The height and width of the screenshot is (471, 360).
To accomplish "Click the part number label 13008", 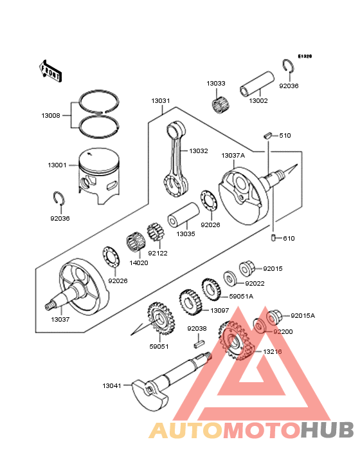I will tap(51, 116).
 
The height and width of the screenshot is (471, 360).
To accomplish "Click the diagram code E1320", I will tap(304, 57).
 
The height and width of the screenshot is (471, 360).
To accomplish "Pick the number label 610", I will tap(289, 239).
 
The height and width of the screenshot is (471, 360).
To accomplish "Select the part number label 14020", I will tap(139, 263).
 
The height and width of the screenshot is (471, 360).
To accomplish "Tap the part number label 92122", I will tap(157, 253).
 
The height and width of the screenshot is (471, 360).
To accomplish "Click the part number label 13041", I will tap(111, 385).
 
